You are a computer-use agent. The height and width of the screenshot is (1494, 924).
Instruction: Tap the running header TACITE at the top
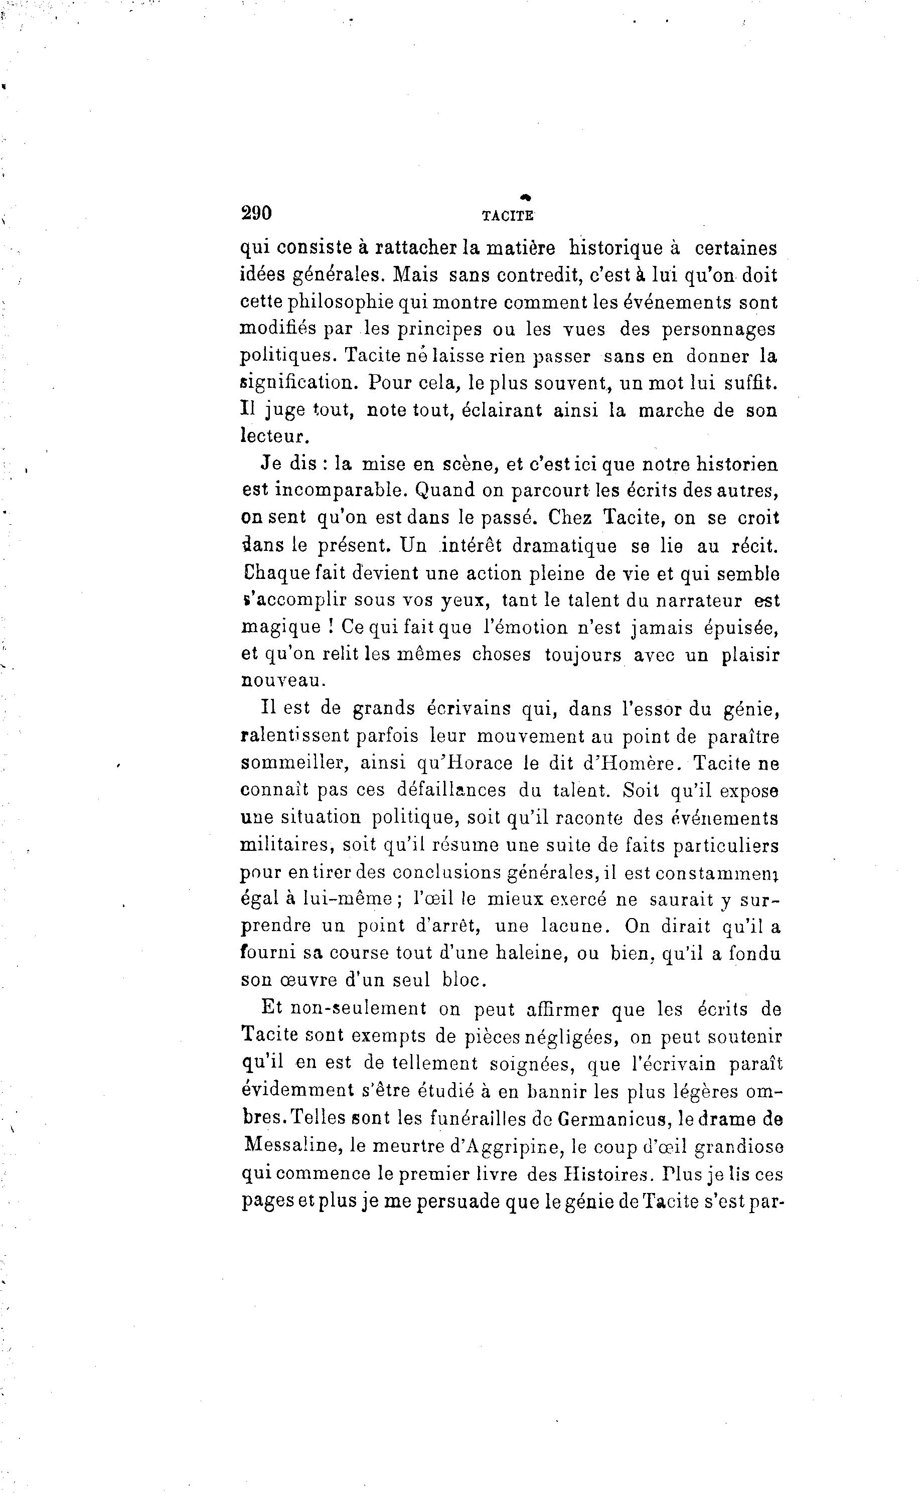[x=507, y=215]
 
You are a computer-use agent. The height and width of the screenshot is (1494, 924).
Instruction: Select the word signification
[x=298, y=383]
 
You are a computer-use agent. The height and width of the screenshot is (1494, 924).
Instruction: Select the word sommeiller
[x=295, y=764]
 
